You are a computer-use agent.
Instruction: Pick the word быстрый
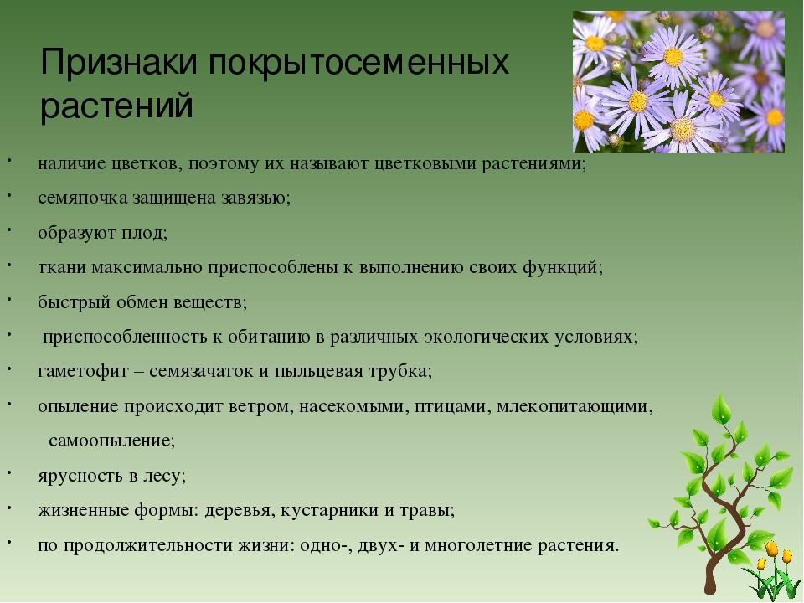[74, 302]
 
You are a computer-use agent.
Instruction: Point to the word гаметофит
[83, 372]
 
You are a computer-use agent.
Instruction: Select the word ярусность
[80, 477]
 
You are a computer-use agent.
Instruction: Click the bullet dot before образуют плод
[9, 229]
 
